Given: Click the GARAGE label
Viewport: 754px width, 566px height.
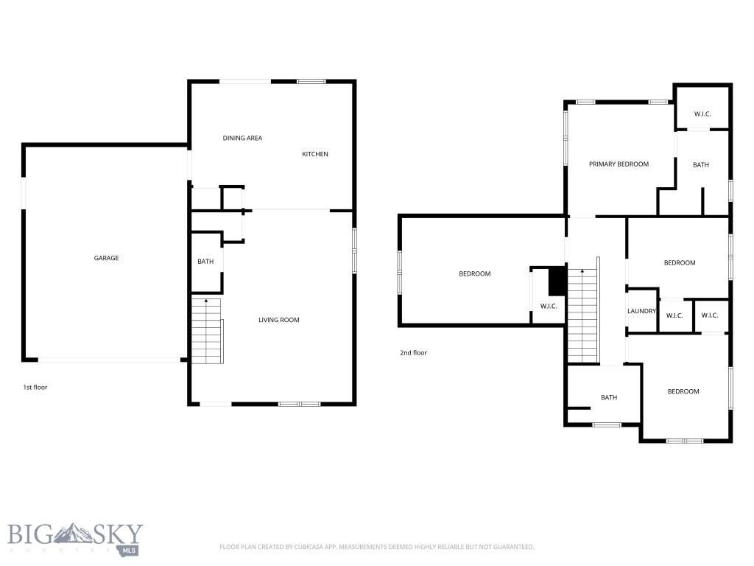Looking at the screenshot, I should click(106, 258).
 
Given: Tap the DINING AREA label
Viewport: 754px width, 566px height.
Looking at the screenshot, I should click(242, 138).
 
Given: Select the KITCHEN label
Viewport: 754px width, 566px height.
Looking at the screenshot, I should click(315, 154).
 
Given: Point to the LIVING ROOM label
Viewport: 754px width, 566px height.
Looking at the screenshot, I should click(279, 320).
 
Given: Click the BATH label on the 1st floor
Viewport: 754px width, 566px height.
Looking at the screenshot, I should click(205, 262).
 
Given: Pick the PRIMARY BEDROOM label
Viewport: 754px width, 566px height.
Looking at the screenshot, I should click(619, 164).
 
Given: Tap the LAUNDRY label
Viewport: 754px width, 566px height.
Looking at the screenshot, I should click(641, 311).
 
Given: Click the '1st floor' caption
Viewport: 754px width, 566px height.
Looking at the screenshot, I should click(35, 387).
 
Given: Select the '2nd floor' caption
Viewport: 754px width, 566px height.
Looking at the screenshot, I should click(413, 353).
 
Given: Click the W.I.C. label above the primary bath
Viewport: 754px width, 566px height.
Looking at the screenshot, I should click(702, 114).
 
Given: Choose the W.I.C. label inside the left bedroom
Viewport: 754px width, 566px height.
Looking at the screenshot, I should click(548, 306).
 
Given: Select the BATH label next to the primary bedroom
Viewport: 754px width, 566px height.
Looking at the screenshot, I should click(701, 165).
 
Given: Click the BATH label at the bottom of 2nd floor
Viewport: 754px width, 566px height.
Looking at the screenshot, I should click(609, 398).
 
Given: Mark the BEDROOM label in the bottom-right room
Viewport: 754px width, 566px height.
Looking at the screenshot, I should click(683, 391).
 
